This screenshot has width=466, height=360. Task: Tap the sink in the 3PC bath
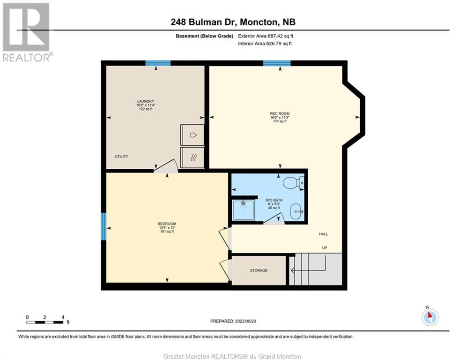pyautogui.click(x=296, y=211)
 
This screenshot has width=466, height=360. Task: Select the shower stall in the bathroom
pyautogui.click(x=244, y=210)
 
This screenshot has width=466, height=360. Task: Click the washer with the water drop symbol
pyautogui.click(x=192, y=135)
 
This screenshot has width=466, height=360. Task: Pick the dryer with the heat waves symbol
pyautogui.click(x=192, y=157)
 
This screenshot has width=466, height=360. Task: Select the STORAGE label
pyautogui.click(x=259, y=270)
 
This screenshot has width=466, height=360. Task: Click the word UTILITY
pyautogui.click(x=122, y=157)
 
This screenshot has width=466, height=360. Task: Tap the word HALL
pyautogui.click(x=323, y=234)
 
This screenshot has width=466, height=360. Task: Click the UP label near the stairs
pyautogui.click(x=325, y=248)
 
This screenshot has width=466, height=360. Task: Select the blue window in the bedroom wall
pyautogui.click(x=104, y=226)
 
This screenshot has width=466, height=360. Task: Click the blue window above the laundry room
pyautogui.click(x=158, y=63)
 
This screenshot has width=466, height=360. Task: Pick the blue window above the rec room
pyautogui.click(x=277, y=63)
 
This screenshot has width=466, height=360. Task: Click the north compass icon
pyautogui.click(x=430, y=316)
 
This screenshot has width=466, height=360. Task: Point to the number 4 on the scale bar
pyautogui.click(x=63, y=317)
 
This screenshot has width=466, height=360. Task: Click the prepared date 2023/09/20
pyautogui.click(x=245, y=321)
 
